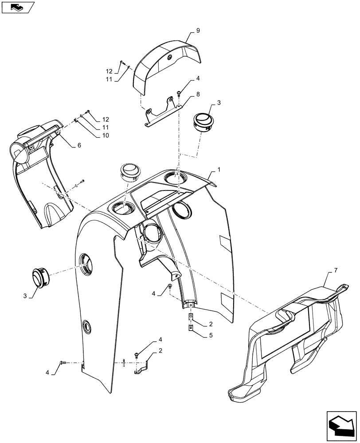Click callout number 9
(198, 31)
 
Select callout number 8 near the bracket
(198, 94)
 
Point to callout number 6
(79, 145)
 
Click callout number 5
(211, 336)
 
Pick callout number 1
(219, 171)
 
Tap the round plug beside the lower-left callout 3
(40, 277)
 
